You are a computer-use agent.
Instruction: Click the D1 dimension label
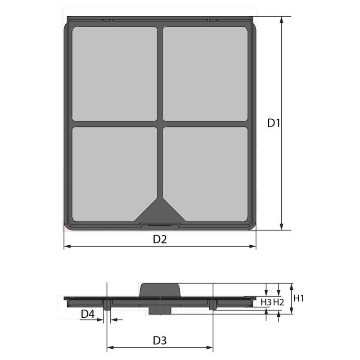tap(274, 123)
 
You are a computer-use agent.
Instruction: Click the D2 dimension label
tap(160, 239)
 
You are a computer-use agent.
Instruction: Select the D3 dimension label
tap(160, 341)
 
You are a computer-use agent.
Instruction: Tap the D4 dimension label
tap(88, 314)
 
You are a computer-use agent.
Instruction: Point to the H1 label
tap(299, 298)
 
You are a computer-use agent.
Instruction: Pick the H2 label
tap(279, 302)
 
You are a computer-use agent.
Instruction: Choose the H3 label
tap(266, 302)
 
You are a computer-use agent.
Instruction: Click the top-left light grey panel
tap(115, 74)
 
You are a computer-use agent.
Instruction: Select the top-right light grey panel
tap(205, 74)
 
